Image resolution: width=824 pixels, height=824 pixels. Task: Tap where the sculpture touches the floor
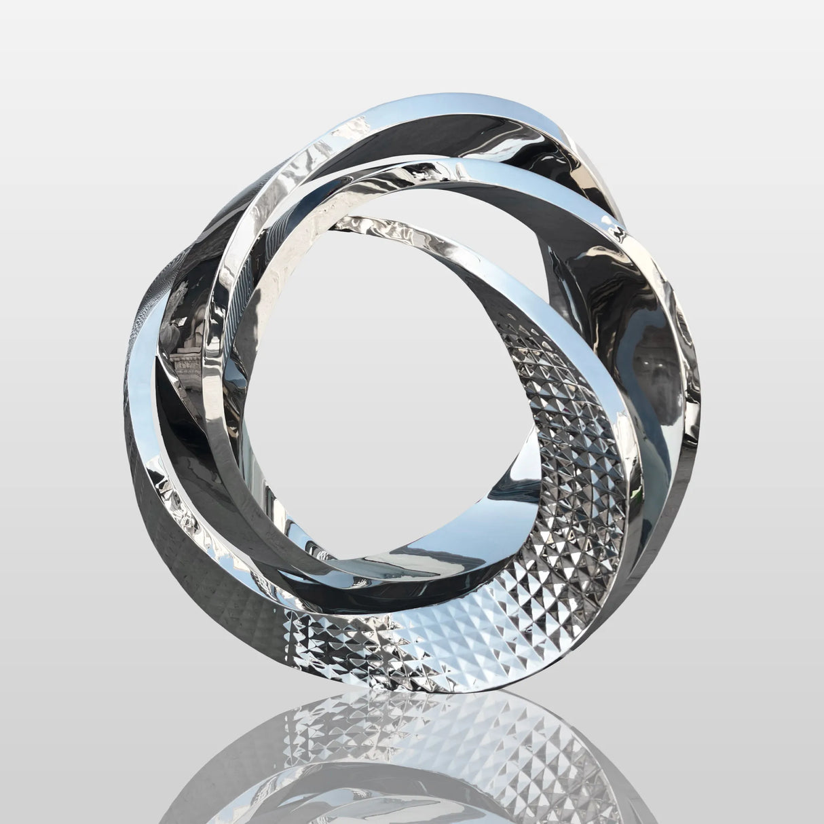click(434, 689)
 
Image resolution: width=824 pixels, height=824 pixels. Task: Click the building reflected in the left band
click(187, 360)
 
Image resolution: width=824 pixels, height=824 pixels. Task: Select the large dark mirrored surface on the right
click(624, 326)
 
